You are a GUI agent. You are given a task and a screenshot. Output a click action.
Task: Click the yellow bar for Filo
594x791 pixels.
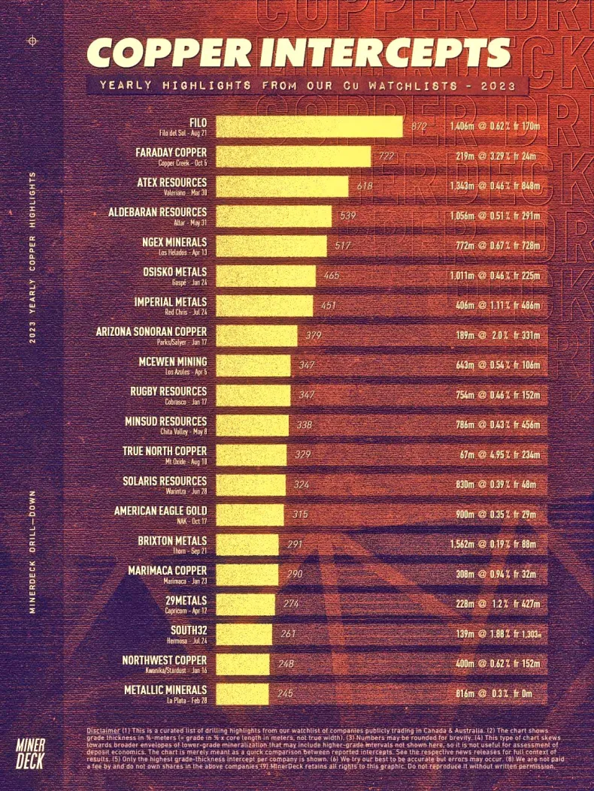pyautogui.click(x=309, y=126)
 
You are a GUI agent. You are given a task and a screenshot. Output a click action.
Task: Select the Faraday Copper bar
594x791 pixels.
pyautogui.click(x=293, y=156)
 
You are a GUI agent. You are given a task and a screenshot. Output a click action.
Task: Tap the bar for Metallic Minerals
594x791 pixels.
pyautogui.click(x=242, y=693)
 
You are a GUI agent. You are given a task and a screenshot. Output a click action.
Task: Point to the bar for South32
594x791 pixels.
pyautogui.click(x=244, y=634)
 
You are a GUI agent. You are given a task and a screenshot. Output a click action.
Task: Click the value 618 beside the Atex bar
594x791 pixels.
pyautogui.click(x=365, y=186)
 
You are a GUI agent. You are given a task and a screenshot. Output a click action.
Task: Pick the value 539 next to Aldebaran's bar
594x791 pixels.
pyautogui.click(x=347, y=216)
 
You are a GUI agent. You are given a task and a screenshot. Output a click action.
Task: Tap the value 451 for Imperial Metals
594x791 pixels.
pyautogui.click(x=329, y=306)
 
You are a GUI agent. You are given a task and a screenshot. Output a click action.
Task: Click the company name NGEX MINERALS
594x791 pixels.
pyautogui.click(x=174, y=242)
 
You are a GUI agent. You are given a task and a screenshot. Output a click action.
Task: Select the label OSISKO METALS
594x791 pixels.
pyautogui.click(x=174, y=272)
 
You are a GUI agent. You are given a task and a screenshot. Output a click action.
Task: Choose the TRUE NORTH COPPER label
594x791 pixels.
pyautogui.click(x=165, y=451)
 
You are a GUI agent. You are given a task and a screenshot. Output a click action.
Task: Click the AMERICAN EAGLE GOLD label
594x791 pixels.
pyautogui.click(x=160, y=511)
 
